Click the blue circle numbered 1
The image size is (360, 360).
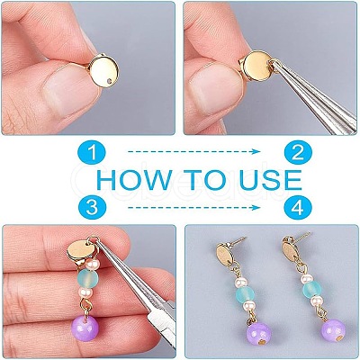[93, 152]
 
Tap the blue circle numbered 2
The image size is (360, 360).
[298, 152]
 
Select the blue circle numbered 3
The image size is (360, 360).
[93, 208]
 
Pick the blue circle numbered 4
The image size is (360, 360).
[298, 208]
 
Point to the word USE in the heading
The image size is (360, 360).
[270, 180]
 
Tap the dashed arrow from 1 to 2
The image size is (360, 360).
[194, 151]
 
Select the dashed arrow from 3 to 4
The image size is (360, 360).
[194, 207]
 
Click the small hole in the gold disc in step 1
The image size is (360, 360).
[111, 80]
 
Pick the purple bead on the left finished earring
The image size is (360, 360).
[258, 335]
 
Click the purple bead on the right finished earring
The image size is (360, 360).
[333, 331]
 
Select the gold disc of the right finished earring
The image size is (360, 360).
[291, 248]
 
